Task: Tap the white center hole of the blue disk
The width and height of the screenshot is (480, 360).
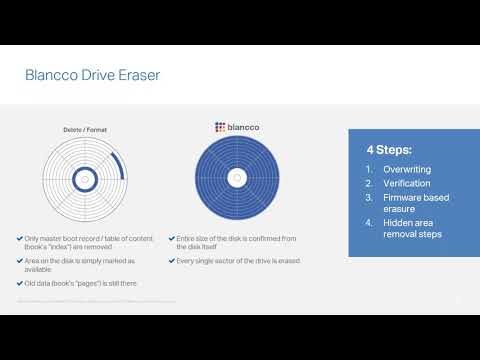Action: [x=236, y=178]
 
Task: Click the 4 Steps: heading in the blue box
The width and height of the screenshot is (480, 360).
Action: [x=387, y=151]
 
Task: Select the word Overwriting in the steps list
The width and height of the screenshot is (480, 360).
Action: [x=407, y=169]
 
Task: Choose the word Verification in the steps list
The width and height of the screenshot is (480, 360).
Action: [x=406, y=183]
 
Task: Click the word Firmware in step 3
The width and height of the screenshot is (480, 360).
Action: [x=404, y=197]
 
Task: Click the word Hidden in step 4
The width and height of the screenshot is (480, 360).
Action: [x=397, y=222]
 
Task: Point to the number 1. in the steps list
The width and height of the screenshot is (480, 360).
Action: [x=369, y=169]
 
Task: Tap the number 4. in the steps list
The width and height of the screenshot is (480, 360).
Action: [x=369, y=222]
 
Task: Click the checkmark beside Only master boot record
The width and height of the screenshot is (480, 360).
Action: [x=20, y=237]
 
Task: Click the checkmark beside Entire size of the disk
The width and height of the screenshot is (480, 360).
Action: [x=171, y=237]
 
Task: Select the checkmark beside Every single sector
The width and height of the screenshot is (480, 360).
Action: [x=171, y=260]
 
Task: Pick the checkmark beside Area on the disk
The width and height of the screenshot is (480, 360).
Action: [x=20, y=260]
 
